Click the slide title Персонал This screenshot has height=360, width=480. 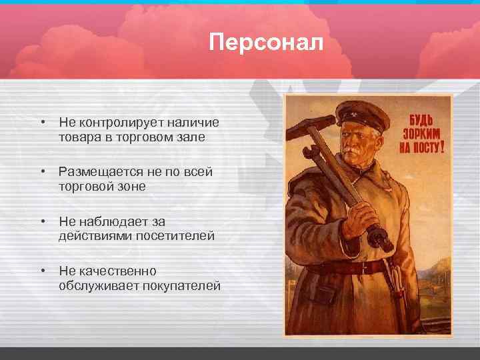click(265, 43)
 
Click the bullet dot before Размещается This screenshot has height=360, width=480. click(42, 172)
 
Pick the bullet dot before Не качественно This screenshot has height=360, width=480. click(42, 271)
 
